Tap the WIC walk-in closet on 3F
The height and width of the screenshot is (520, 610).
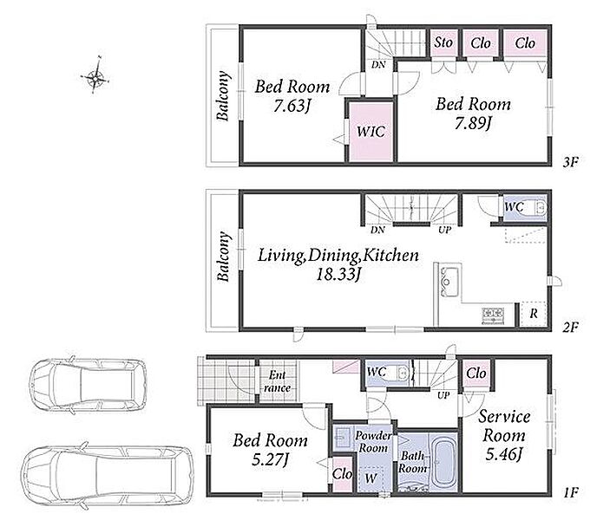(371, 132)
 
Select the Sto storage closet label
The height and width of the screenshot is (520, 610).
(443, 42)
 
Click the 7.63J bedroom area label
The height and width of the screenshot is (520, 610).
(292, 106)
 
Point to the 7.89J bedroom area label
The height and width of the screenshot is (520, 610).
(474, 123)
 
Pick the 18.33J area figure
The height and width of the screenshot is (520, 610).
(338, 275)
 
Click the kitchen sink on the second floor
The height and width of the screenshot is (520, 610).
(449, 282)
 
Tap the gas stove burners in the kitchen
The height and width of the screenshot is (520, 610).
(493, 315)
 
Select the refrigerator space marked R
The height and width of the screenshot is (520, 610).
(534, 313)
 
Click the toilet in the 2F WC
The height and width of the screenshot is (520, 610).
(539, 208)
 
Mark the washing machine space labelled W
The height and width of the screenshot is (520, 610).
(371, 478)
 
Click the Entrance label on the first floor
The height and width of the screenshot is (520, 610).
(277, 381)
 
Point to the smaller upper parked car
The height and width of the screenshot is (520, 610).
(89, 385)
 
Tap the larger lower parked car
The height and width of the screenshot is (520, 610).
(107, 475)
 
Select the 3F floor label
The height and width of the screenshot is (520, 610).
(571, 162)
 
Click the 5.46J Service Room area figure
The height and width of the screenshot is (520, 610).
(504, 453)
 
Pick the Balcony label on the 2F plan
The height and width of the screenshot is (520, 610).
(223, 257)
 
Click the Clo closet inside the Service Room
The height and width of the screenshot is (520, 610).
(476, 374)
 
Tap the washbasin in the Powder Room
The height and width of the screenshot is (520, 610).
(343, 437)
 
